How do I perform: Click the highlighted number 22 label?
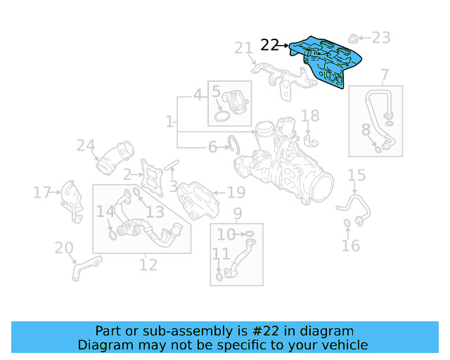click(269, 45)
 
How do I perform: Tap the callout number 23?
click(380, 37)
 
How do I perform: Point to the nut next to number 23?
click(356, 33)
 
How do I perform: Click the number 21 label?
click(243, 48)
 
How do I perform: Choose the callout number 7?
click(385, 75)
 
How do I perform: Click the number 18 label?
click(310, 115)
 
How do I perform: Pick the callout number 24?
click(86, 146)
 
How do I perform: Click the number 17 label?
click(42, 191)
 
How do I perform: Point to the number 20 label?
click(64, 247)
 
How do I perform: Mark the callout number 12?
click(148, 265)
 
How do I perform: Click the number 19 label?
click(236, 192)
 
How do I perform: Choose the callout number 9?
click(237, 213)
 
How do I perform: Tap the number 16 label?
click(350, 245)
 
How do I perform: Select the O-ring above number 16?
click(347, 224)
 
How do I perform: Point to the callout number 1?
click(169, 122)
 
